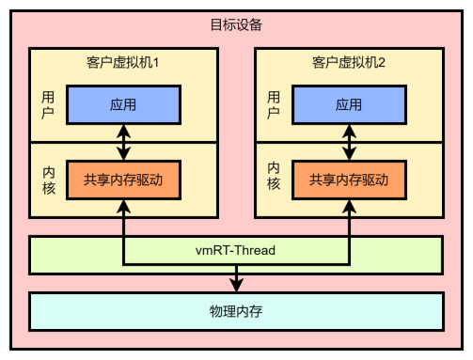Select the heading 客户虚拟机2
point(349,63)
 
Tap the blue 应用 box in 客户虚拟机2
point(349,105)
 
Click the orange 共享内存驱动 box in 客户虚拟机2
point(349,180)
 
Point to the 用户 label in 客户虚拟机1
point(48,105)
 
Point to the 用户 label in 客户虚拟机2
point(274,105)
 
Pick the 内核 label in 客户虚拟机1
point(48,179)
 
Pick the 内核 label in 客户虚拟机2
point(274,179)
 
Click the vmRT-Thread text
point(236,251)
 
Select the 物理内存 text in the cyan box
point(236,309)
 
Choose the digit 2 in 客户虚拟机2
point(383,63)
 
